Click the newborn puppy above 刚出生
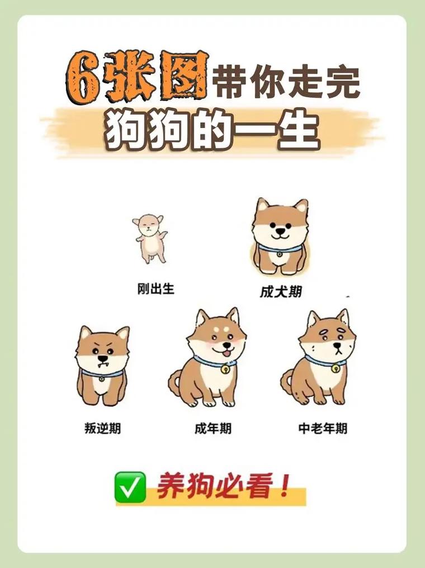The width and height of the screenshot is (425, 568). pos(149,237)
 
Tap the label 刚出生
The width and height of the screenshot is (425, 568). pos(156,289)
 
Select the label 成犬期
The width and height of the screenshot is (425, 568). pos(281,292)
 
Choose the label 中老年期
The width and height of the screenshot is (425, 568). pos(323,429)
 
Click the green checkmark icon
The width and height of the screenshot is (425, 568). pos(130,486)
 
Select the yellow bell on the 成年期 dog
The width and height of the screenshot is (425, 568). pos(225,369)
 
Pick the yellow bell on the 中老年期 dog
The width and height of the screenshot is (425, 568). pos(336,368)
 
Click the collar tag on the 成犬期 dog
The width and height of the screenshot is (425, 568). pos(280,255)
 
